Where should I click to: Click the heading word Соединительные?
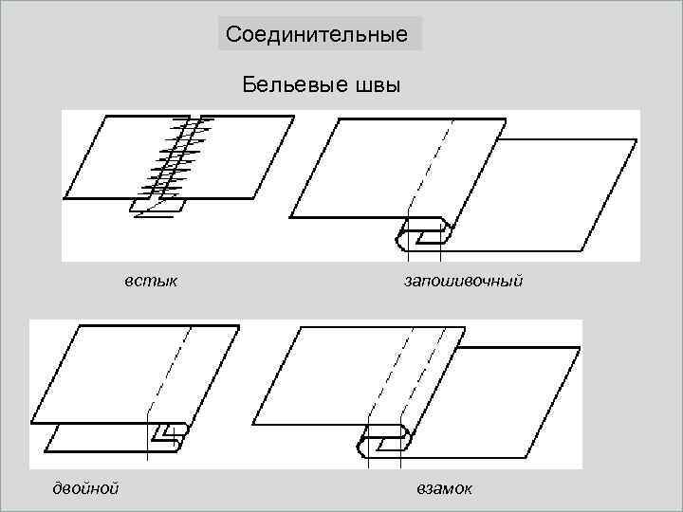pyautogui.click(x=317, y=36)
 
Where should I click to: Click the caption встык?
pyautogui.click(x=151, y=281)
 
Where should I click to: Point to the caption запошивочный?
pyautogui.click(x=463, y=281)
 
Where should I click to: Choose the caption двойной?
pyautogui.click(x=84, y=487)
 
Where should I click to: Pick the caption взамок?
pyautogui.click(x=444, y=487)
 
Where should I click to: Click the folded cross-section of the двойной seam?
pyautogui.click(x=167, y=435)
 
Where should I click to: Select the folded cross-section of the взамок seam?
pyautogui.click(x=385, y=441)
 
